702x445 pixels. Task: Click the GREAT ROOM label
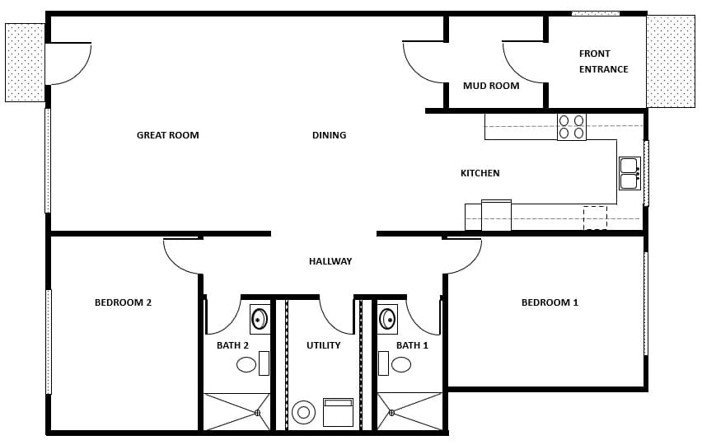(x=167, y=135)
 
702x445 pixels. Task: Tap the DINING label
(x=329, y=135)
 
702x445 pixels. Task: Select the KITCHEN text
(x=480, y=173)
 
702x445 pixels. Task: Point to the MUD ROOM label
(x=491, y=86)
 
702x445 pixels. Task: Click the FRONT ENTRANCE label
(x=603, y=62)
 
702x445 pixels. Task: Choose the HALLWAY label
(x=330, y=261)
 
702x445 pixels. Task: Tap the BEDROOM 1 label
(x=550, y=302)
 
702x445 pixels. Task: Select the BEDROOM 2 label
(x=123, y=302)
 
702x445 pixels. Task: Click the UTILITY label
(x=323, y=345)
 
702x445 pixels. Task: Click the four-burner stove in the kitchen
(x=572, y=127)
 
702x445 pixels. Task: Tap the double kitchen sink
(x=629, y=174)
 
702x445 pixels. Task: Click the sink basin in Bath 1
(x=387, y=319)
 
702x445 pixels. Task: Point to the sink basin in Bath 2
(x=260, y=319)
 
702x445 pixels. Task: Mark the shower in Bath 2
(x=236, y=411)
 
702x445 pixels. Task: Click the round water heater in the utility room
(x=304, y=411)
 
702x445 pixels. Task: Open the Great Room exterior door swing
(x=68, y=63)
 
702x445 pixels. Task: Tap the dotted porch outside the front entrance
(x=670, y=61)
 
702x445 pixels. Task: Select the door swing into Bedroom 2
(x=183, y=255)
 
